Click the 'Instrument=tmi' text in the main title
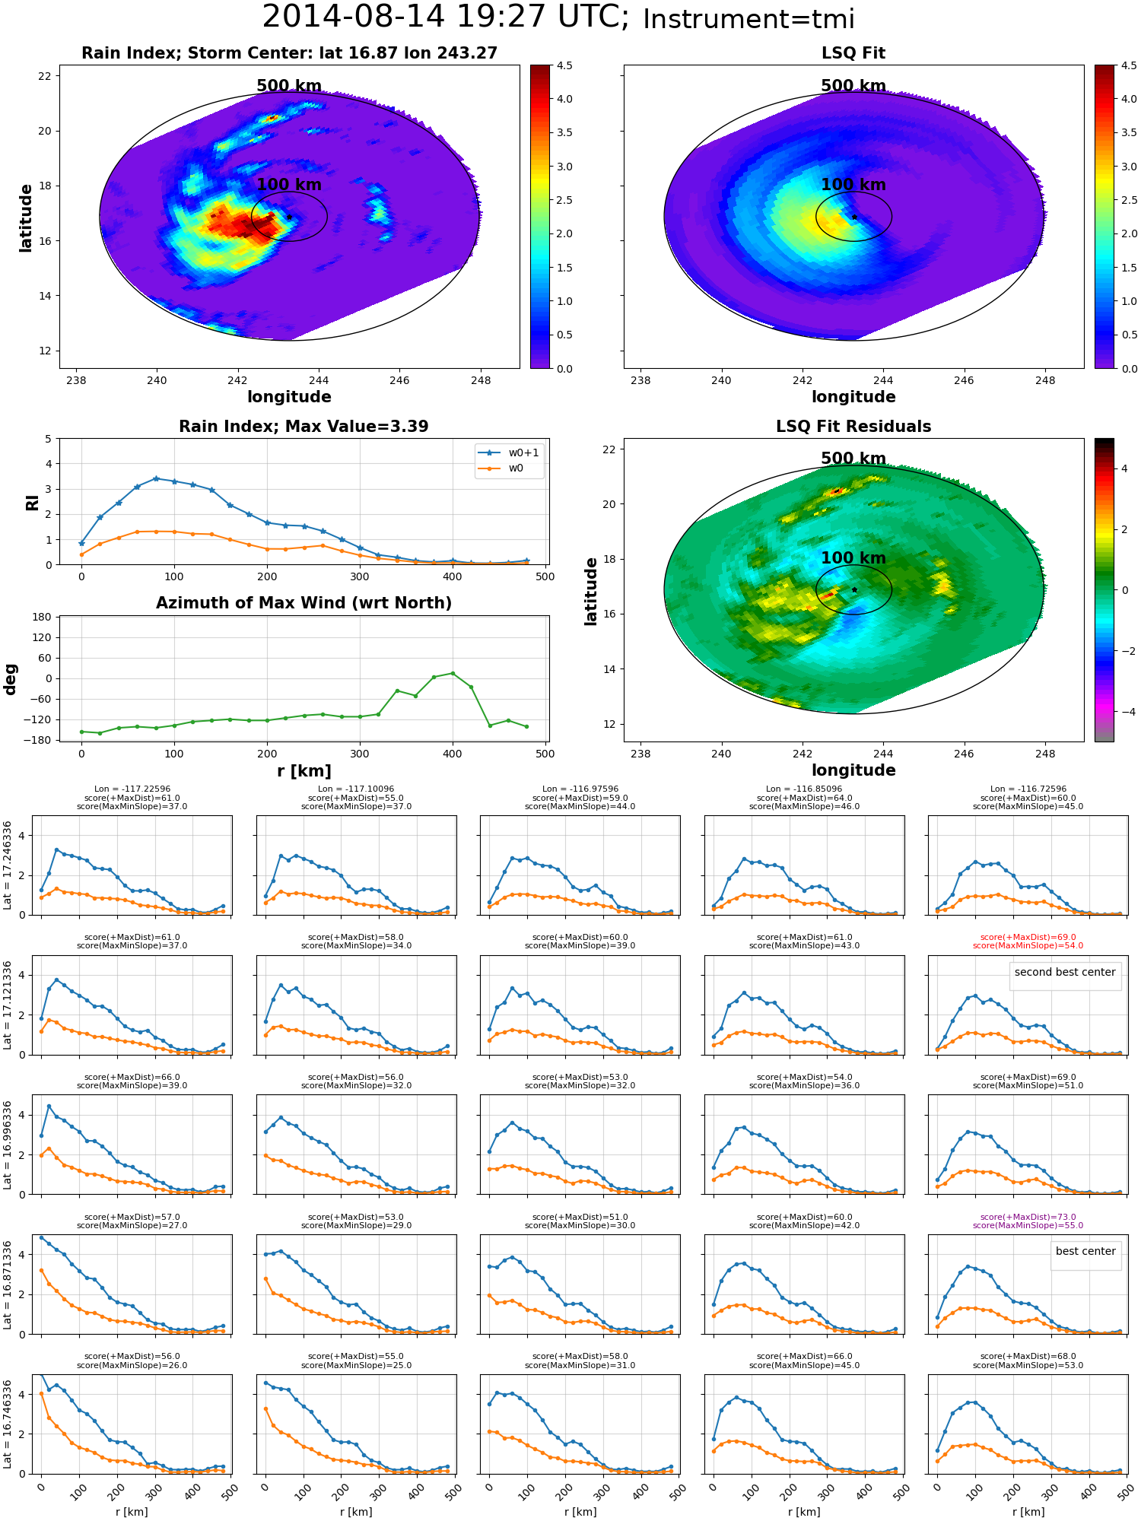748,19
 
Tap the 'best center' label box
1085,1251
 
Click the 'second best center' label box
1065,972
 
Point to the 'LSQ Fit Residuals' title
853,427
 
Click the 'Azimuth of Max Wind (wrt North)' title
304,603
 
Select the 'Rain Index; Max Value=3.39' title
304,427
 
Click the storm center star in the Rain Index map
289,217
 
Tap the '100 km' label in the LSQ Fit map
853,185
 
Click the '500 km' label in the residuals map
853,459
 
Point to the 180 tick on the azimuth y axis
42,617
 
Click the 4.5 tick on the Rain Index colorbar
564,65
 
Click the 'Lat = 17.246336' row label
8,865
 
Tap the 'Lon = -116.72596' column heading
1028,789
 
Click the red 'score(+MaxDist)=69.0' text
1028,938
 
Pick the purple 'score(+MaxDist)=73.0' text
1028,1217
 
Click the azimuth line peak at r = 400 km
453,673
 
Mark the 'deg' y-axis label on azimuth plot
10,678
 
